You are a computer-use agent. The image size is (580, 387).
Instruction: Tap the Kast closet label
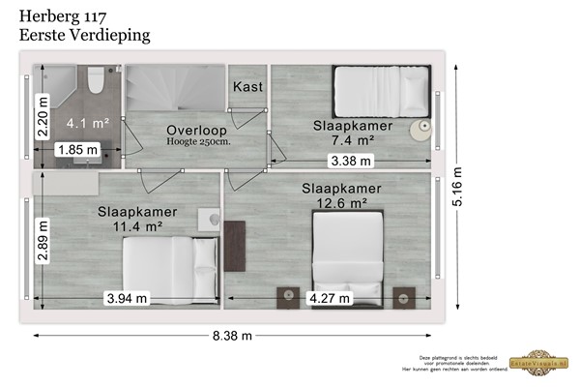[x=247, y=86]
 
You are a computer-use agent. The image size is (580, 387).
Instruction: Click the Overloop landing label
[x=196, y=131]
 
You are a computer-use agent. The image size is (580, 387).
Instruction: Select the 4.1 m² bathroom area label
[x=87, y=124]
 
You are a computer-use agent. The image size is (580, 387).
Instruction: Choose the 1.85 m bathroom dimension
[x=76, y=150]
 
